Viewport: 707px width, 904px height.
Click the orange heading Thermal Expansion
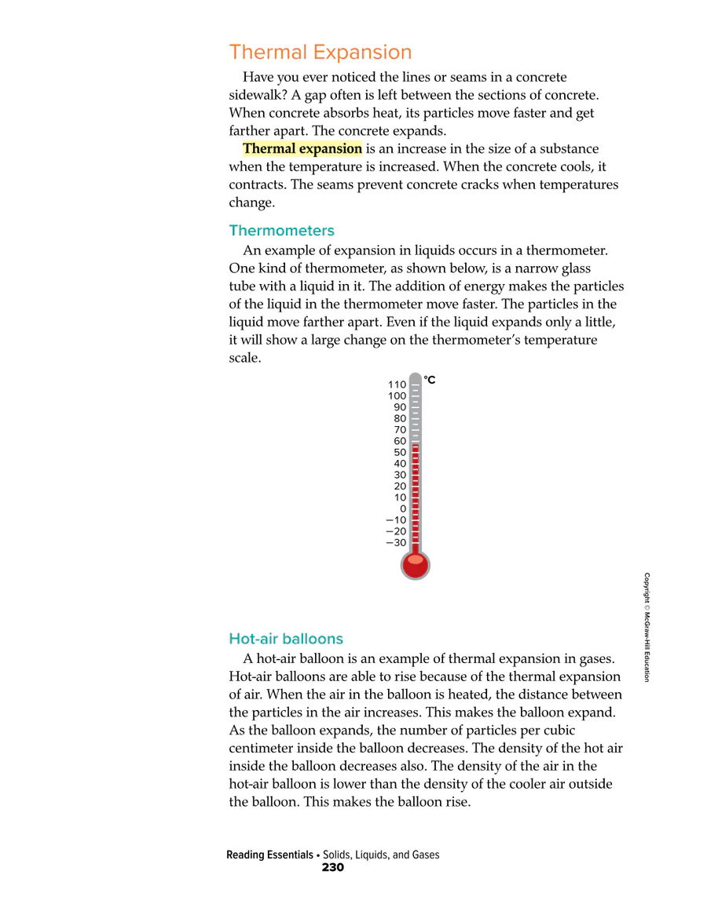[x=320, y=53]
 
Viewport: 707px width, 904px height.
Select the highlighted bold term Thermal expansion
[x=302, y=148]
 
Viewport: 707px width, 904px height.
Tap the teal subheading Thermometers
[x=281, y=231]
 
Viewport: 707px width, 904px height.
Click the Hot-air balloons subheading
[x=286, y=638]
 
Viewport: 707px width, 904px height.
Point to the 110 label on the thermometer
[x=397, y=385]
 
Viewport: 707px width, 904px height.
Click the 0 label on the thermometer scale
[x=403, y=508]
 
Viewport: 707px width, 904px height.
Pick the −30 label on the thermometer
[x=396, y=542]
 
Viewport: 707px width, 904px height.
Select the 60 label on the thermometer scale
[x=400, y=441]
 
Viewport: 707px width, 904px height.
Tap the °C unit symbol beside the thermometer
[x=430, y=381]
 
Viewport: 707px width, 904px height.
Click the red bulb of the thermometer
[x=416, y=564]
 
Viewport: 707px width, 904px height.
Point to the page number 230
[x=333, y=868]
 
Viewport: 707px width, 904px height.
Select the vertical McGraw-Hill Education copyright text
[x=647, y=627]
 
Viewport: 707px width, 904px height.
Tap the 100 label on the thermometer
[x=397, y=396]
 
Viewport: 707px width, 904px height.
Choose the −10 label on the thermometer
[x=396, y=519]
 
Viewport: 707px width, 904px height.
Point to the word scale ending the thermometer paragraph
[x=244, y=359]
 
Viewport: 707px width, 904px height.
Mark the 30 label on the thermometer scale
[x=400, y=475]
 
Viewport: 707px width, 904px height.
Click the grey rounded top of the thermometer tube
[x=416, y=377]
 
